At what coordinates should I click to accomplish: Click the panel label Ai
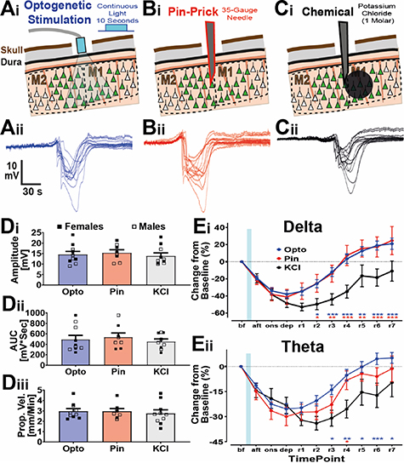coord(10,10)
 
